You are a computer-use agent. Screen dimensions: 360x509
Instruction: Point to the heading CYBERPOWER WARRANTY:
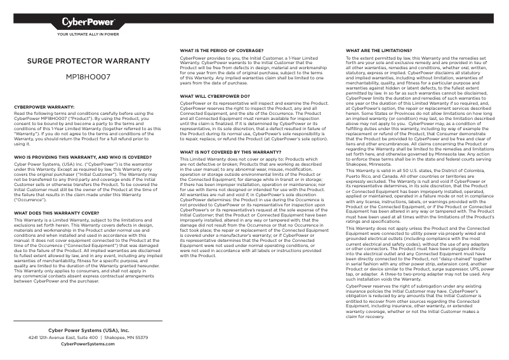pyautogui.click(x=44, y=107)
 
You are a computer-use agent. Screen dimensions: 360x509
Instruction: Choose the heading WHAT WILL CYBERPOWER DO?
pyautogui.click(x=215, y=97)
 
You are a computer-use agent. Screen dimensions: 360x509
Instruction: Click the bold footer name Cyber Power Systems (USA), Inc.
pyautogui.click(x=88, y=331)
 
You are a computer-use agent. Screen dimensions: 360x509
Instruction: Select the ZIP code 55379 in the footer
pyautogui.click(x=141, y=338)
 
